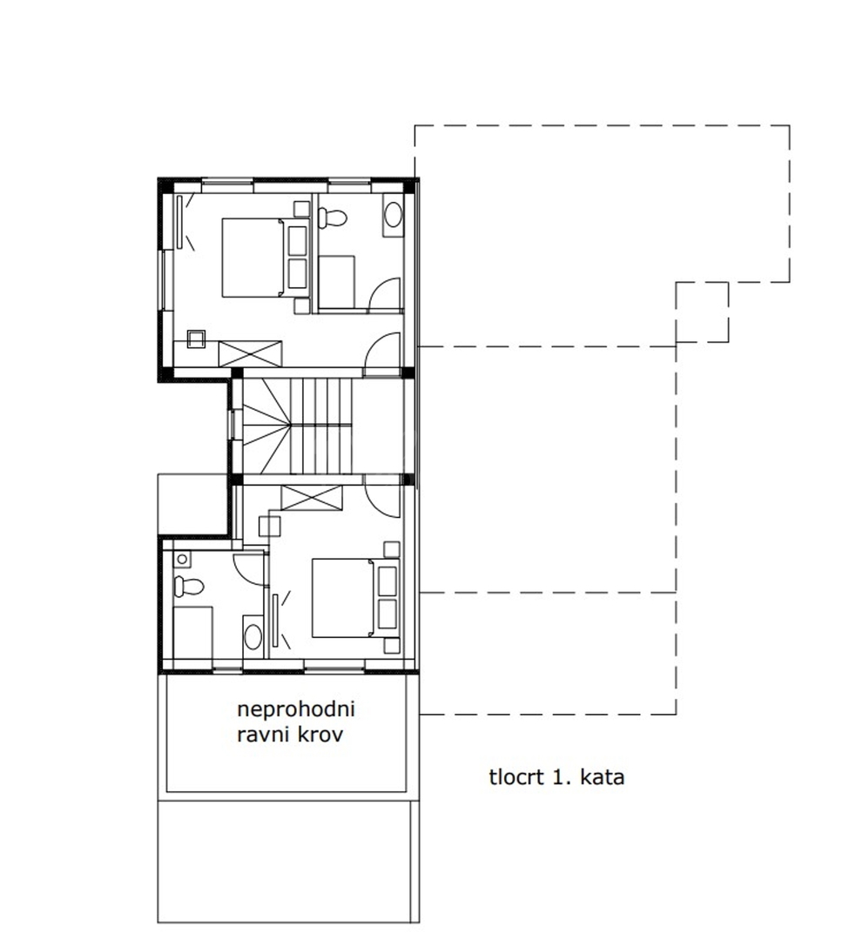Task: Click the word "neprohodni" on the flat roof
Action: pos(296,710)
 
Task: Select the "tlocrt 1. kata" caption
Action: pos(556,777)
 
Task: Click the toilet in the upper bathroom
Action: pos(333,217)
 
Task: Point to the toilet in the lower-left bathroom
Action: pos(188,586)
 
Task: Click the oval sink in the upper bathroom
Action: pos(393,215)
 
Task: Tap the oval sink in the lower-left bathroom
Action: pos(253,635)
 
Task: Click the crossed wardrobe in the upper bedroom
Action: pos(250,353)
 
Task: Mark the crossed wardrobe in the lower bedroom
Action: pos(312,498)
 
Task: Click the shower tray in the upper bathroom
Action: pos(336,282)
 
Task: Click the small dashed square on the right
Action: pos(703,312)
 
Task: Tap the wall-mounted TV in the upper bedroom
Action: pos(179,222)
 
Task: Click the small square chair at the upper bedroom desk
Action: pos(196,339)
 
